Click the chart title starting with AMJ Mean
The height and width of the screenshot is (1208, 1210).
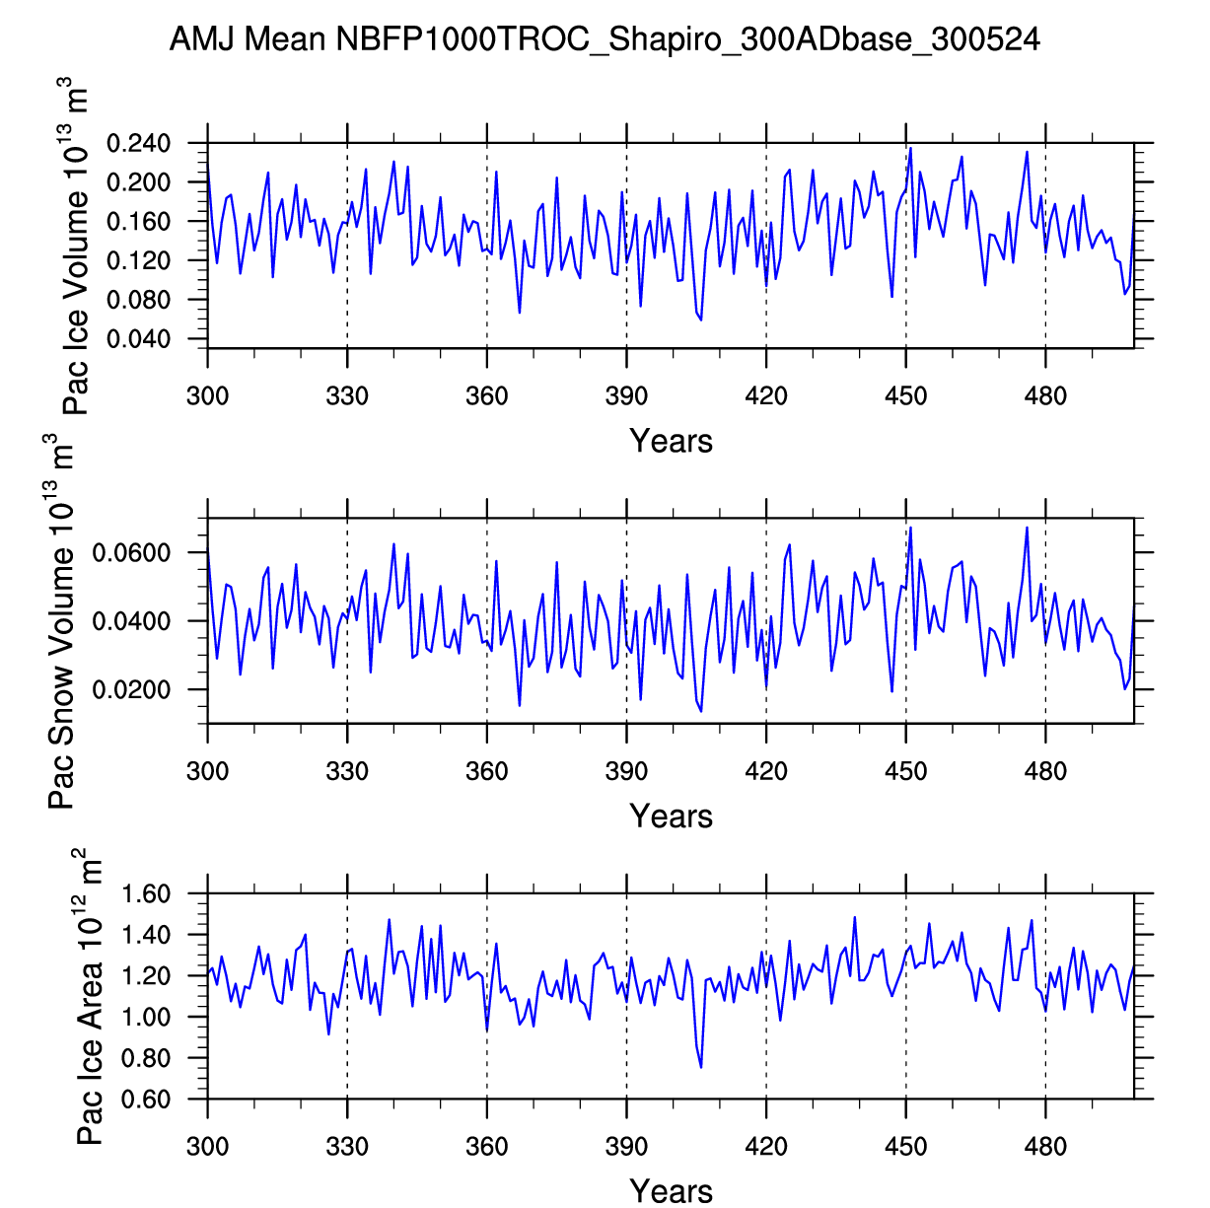click(605, 39)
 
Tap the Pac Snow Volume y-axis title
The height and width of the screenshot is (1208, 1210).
click(61, 621)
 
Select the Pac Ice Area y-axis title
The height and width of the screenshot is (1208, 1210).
click(90, 996)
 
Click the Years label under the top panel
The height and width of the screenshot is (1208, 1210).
click(671, 441)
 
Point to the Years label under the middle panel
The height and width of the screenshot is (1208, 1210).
click(671, 816)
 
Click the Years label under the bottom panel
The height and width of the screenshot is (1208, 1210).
click(671, 1190)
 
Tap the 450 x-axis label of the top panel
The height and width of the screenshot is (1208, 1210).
click(905, 396)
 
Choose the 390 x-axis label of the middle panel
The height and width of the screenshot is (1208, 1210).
click(626, 771)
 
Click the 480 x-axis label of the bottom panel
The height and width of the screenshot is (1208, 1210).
click(1045, 1146)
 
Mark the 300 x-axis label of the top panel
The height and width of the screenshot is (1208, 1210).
click(207, 396)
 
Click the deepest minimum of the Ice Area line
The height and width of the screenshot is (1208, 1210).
click(701, 1067)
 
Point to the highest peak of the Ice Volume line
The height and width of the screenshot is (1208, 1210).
click(910, 149)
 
